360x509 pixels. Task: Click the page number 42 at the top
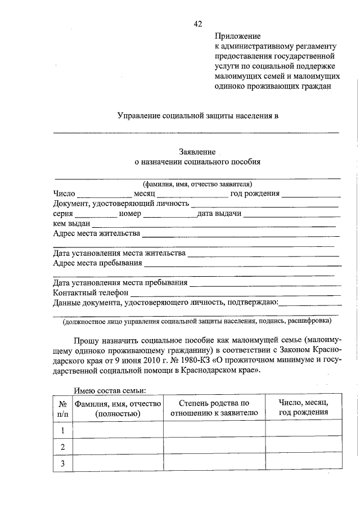point(197,23)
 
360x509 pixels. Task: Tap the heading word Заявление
point(197,152)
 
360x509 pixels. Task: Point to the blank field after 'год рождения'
point(311,193)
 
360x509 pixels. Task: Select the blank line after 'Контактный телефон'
point(235,293)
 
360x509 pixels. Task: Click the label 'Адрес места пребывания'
point(97,263)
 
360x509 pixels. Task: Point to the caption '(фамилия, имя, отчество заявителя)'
point(197,184)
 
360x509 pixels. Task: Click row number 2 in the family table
point(63,447)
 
